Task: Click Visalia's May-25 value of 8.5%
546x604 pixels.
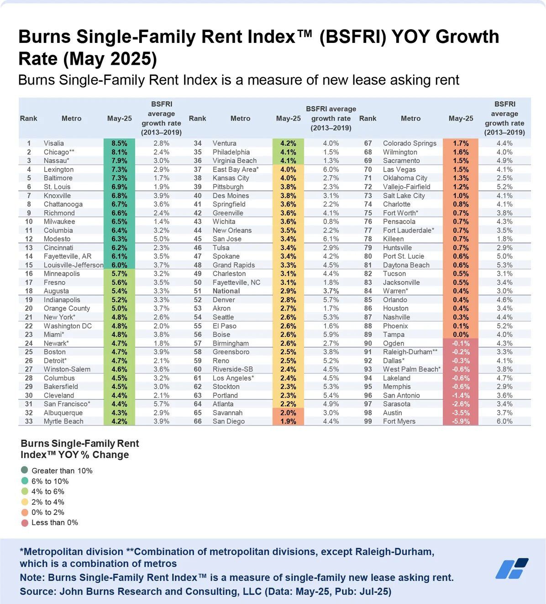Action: pyautogui.click(x=119, y=143)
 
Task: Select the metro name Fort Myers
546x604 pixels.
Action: pyautogui.click(x=399, y=421)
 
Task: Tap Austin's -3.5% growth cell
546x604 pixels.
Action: pyautogui.click(x=461, y=413)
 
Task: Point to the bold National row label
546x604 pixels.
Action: pyautogui.click(x=226, y=291)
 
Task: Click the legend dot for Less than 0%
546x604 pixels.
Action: pyautogui.click(x=25, y=523)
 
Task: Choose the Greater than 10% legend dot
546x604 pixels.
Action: pyautogui.click(x=25, y=470)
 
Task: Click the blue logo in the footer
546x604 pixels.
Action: pyautogui.click(x=512, y=568)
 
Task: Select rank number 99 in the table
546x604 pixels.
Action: pyautogui.click(x=367, y=421)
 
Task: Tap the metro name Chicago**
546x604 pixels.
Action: pyautogui.click(x=59, y=152)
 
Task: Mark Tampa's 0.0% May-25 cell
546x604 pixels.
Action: pyautogui.click(x=461, y=335)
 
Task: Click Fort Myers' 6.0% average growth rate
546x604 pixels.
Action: pyautogui.click(x=504, y=421)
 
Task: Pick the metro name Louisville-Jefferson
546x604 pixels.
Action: pyautogui.click(x=73, y=265)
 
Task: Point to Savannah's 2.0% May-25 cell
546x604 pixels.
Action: pyautogui.click(x=288, y=413)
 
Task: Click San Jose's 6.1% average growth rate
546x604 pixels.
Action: pyautogui.click(x=331, y=239)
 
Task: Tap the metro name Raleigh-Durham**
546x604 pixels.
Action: pyautogui.click(x=410, y=352)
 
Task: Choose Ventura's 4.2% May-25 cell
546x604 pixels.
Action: pyautogui.click(x=288, y=143)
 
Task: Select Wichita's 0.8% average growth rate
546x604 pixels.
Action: pyautogui.click(x=331, y=221)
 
